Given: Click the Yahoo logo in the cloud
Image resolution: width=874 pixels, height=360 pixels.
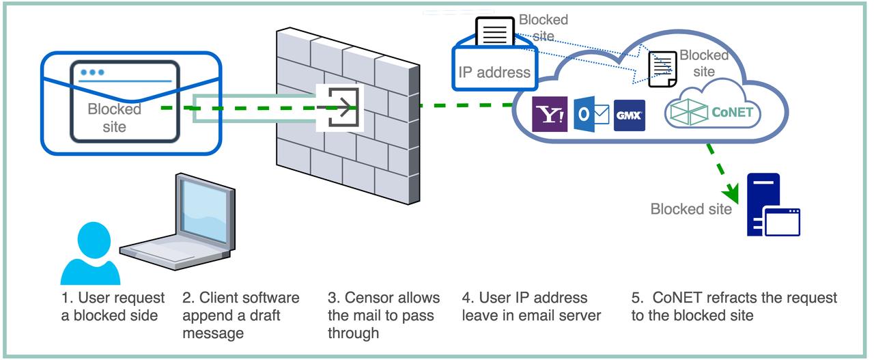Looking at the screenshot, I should [550, 114].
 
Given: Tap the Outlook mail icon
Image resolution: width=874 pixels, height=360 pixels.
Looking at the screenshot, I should [591, 114].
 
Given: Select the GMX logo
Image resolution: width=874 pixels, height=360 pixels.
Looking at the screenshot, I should [630, 115].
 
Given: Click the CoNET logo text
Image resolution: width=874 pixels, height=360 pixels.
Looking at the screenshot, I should [733, 112].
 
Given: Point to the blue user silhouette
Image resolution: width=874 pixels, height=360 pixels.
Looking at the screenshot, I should [90, 253].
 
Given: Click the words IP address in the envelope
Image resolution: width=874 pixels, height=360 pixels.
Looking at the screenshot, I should [494, 72].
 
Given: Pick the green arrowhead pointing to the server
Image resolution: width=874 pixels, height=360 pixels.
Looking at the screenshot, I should [733, 189].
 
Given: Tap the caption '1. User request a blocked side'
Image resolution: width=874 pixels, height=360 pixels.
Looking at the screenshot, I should [113, 307].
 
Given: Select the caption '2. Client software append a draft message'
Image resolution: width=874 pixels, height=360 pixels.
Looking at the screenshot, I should [240, 316].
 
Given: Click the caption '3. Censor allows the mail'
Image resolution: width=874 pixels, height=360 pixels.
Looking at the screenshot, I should [383, 316].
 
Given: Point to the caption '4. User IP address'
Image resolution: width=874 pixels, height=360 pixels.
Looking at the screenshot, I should [524, 307].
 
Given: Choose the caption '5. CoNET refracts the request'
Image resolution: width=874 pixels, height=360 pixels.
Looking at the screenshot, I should [734, 307].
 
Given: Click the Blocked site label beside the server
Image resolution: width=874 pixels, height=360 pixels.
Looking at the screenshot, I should [691, 209].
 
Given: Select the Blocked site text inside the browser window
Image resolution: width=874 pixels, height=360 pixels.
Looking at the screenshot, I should [115, 117].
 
